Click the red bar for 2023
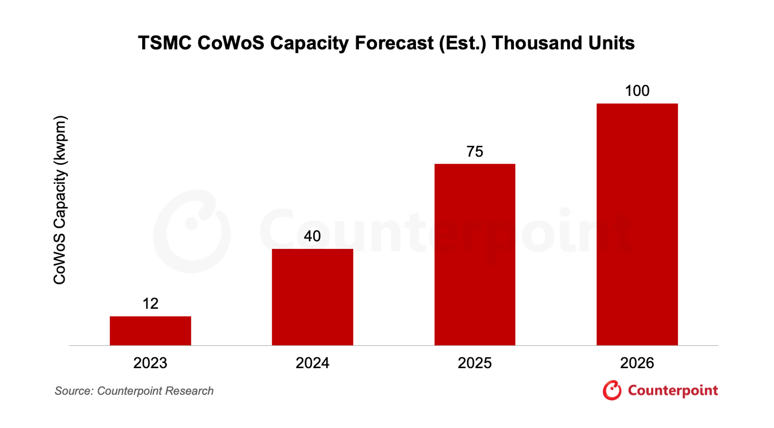[150, 330]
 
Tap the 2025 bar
[475, 255]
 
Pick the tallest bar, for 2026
[637, 224]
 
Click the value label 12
[150, 304]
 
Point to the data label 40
[312, 236]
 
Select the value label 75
[475, 151]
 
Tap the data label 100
[637, 91]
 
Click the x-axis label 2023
[150, 363]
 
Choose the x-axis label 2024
[312, 363]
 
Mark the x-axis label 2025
[475, 363]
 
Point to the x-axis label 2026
[637, 363]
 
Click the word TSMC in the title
[165, 43]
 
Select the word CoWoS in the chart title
[231, 43]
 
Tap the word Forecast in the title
[394, 43]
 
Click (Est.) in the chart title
[463, 43]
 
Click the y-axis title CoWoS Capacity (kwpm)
[60, 200]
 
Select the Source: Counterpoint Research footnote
[134, 391]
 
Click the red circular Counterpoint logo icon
[612, 390]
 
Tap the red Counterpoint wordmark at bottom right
[672, 391]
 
